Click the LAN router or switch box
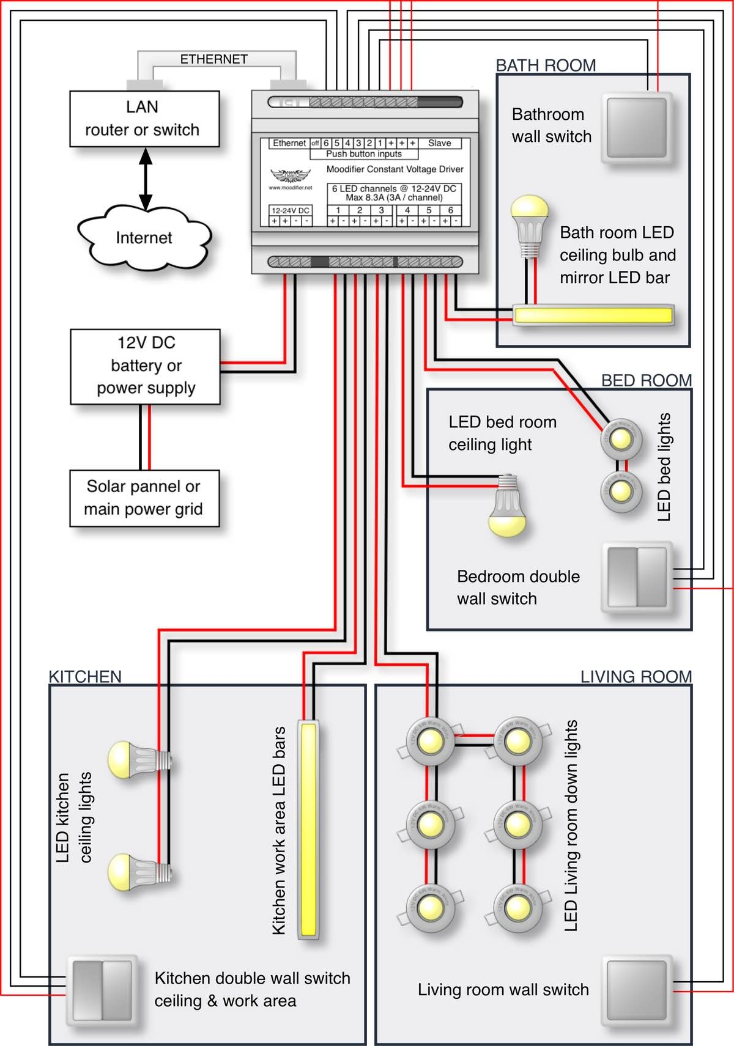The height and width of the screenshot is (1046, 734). coord(144,119)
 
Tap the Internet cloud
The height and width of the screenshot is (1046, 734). coord(144,238)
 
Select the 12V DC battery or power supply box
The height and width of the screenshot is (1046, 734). coord(146,366)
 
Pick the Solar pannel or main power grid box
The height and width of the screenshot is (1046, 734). coord(144,498)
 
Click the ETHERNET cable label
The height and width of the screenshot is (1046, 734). coord(213,59)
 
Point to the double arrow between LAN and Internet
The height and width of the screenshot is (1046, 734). coord(146,179)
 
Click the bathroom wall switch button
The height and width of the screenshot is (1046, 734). coord(637,128)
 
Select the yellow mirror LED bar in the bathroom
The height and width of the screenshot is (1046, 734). coord(593,315)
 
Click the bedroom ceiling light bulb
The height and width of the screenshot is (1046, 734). coord(508,507)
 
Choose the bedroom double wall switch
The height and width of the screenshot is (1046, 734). coord(637,577)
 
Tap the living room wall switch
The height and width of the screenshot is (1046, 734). coord(637,990)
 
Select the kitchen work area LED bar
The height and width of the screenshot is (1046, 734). coord(309,830)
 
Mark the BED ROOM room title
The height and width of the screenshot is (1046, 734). coord(646,381)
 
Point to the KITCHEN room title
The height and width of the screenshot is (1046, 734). coord(85,677)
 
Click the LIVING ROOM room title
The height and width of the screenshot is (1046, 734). coord(636,677)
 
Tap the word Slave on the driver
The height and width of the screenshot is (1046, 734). coord(439,143)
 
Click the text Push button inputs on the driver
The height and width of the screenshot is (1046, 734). coord(364,154)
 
